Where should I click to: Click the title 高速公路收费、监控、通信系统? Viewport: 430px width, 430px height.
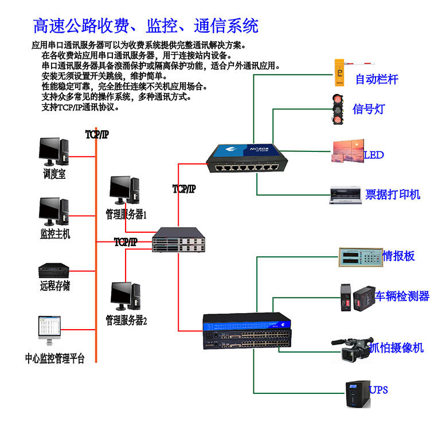click(x=146, y=26)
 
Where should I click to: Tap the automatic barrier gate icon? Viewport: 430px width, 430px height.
click(x=350, y=68)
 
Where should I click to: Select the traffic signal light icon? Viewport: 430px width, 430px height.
click(x=339, y=107)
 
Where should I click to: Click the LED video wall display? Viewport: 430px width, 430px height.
click(x=347, y=152)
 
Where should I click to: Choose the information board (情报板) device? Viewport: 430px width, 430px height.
click(x=359, y=256)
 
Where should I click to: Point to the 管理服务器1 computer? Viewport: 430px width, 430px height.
click(x=124, y=190)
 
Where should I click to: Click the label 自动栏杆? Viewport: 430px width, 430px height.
click(x=376, y=79)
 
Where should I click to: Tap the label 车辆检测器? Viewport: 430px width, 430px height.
click(x=402, y=296)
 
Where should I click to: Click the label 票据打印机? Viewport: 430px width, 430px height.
click(x=393, y=194)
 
